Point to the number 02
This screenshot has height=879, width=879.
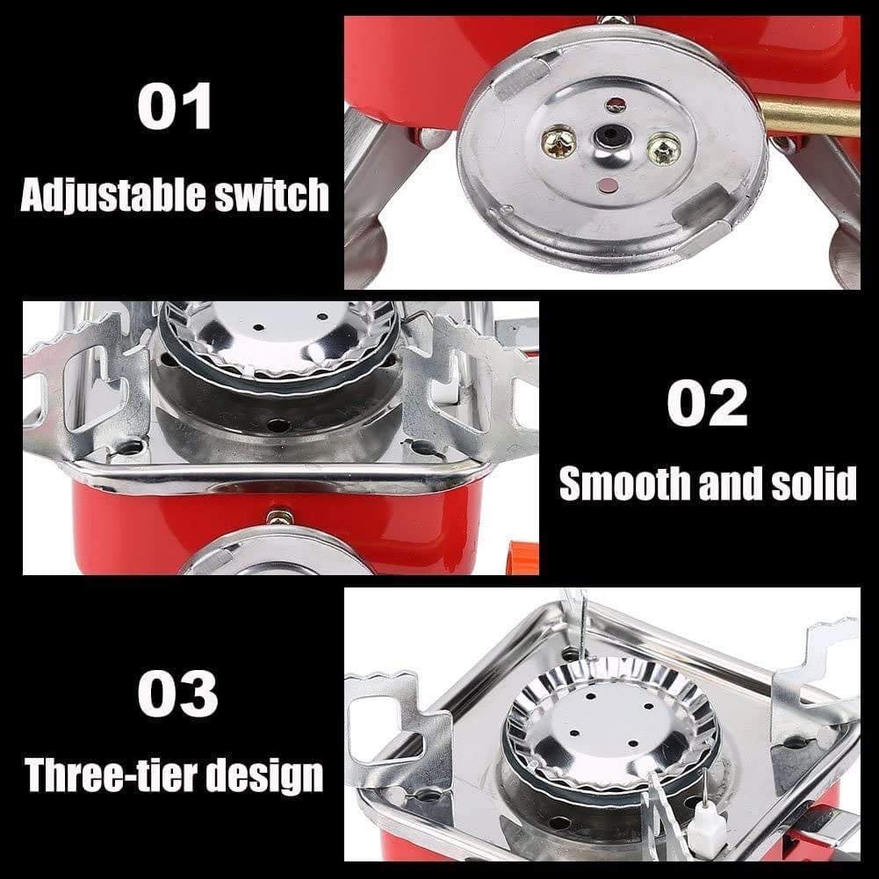(x=706, y=404)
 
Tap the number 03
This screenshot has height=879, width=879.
(x=177, y=693)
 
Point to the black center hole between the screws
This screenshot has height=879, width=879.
(x=608, y=137)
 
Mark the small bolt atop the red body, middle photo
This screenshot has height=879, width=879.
(x=279, y=517)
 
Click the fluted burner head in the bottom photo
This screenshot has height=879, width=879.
(x=610, y=720)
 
